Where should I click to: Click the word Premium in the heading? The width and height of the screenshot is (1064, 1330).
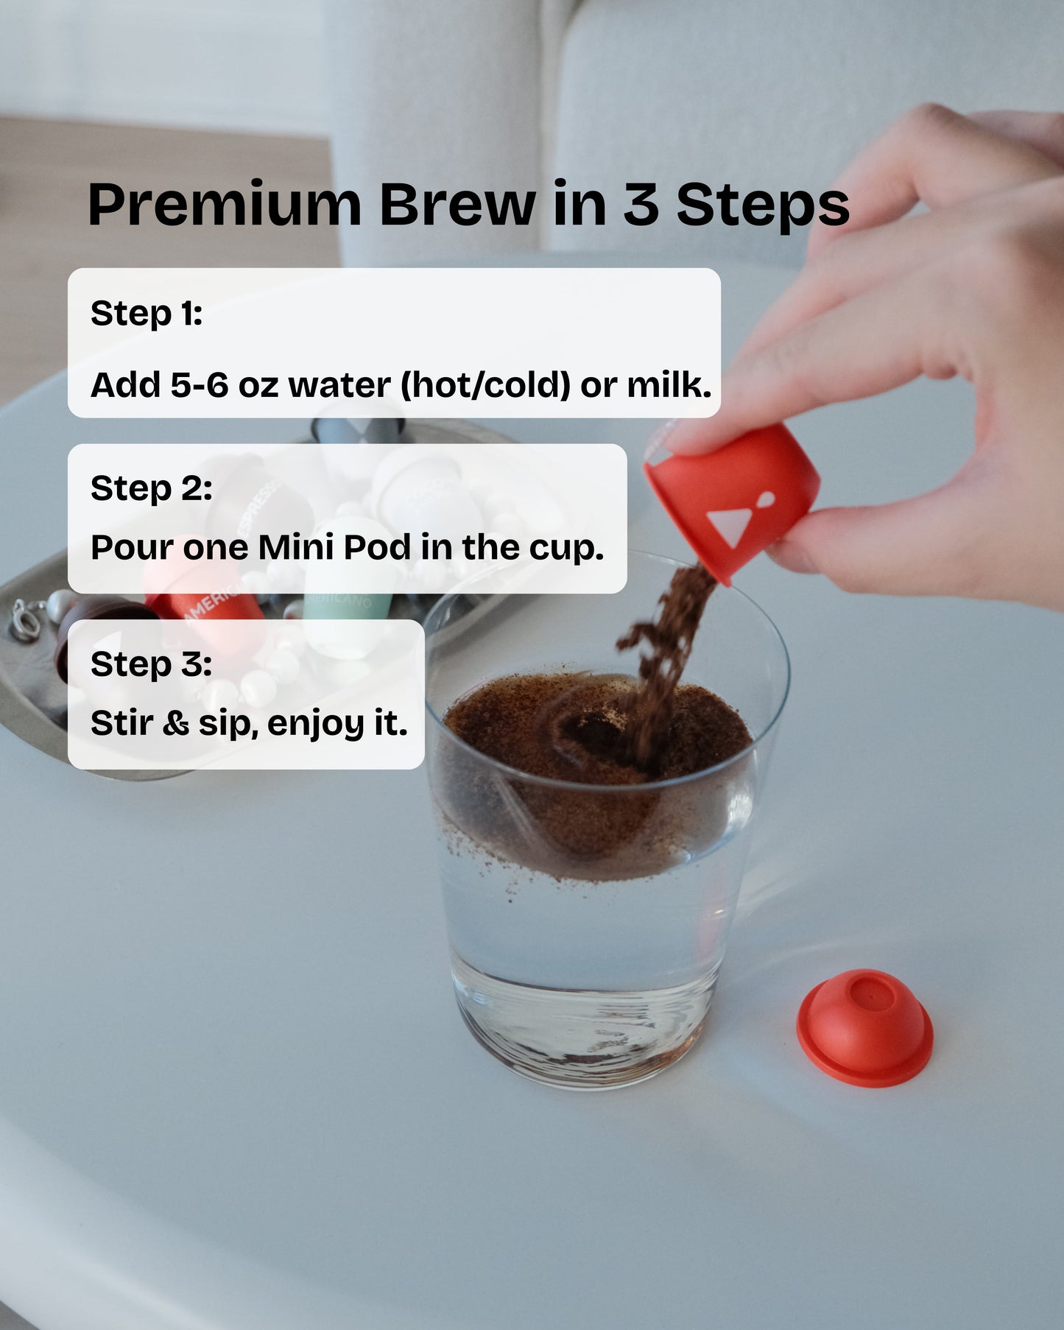pos(225,205)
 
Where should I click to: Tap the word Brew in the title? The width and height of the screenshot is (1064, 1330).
pos(457,204)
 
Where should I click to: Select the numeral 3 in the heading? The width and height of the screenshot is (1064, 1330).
pos(641,204)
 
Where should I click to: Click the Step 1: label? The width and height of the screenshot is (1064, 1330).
pos(146,314)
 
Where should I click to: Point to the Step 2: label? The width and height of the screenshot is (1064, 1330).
pos(151,489)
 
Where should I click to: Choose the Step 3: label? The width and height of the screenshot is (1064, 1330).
pos(151,664)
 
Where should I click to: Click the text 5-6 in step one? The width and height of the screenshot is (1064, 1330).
pos(200,385)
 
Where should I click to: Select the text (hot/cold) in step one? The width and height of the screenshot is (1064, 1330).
pos(485,385)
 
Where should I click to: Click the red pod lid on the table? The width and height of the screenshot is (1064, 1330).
pos(864,1027)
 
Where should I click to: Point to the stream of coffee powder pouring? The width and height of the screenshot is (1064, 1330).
pos(663,663)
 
